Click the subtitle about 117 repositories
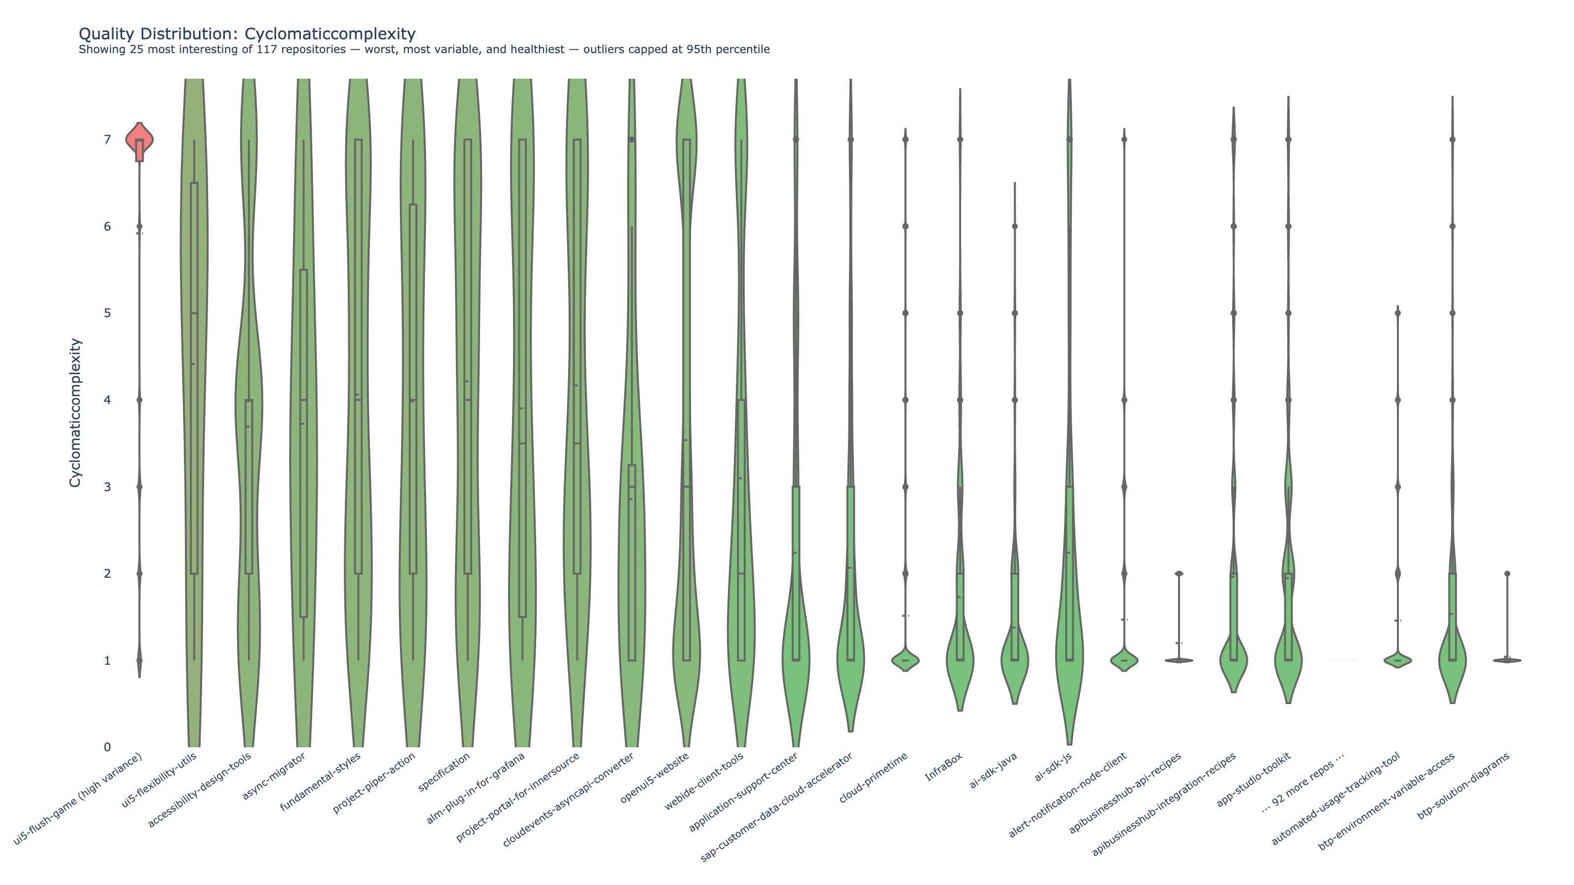[424, 50]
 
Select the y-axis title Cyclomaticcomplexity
[75, 413]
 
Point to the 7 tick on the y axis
[108, 140]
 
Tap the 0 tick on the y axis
[108, 747]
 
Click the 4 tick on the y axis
[108, 400]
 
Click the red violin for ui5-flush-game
[139, 139]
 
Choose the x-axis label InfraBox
[944, 766]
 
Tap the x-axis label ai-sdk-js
[1053, 767]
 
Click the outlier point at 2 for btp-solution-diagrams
[1508, 573]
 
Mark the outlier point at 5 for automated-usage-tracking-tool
[1397, 313]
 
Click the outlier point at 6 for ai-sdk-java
[1015, 227]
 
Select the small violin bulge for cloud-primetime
[905, 660]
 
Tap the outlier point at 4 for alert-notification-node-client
[1124, 400]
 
